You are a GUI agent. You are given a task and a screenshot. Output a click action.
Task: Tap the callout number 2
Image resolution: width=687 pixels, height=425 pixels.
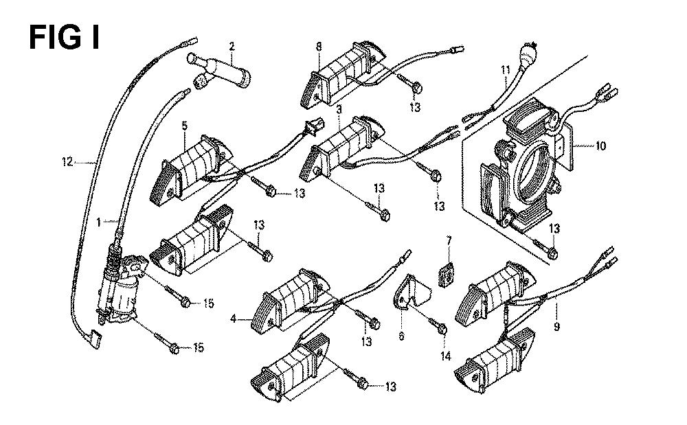pos(232,47)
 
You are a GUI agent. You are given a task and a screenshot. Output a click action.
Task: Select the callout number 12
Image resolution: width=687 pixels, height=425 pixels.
pos(67,163)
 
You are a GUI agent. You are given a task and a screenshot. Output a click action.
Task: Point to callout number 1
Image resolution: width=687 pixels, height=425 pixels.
pos(99,222)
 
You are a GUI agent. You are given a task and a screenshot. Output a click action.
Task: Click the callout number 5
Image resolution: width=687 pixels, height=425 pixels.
pos(184,126)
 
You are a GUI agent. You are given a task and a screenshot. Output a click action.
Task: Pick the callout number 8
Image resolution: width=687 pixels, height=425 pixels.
pos(319,47)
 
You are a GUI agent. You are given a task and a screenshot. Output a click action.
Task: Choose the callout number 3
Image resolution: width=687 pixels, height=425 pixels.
pos(339,109)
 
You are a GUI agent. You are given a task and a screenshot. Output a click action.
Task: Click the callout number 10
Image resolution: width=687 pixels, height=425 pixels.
pos(600,146)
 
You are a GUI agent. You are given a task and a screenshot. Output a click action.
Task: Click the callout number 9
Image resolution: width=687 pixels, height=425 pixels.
pos(556,327)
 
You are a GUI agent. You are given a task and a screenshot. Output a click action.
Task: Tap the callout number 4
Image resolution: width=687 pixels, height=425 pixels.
pos(234,319)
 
